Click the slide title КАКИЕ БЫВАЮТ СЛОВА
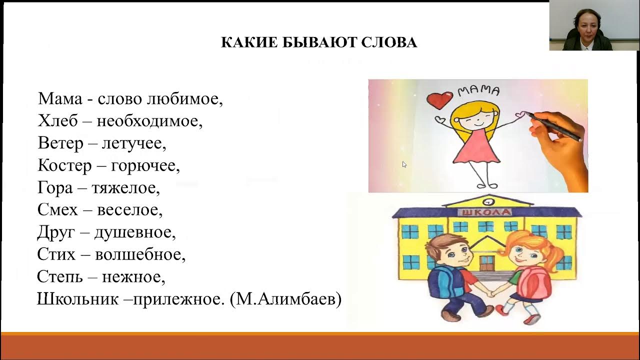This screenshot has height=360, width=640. pyautogui.click(x=319, y=42)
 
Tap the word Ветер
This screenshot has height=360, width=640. pyautogui.click(x=60, y=144)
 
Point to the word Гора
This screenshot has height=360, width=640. pyautogui.click(x=55, y=188)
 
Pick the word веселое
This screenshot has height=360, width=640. pyautogui.click(x=129, y=210)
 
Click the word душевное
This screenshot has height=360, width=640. pyautogui.click(x=135, y=232)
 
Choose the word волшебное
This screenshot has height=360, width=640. pyautogui.click(x=140, y=254)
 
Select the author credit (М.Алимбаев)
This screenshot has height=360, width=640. pyautogui.click(x=285, y=299)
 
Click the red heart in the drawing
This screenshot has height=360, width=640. pyautogui.click(x=440, y=99)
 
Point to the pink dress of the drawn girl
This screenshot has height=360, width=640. pyautogui.click(x=476, y=147)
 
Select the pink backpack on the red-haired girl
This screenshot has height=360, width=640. pyautogui.click(x=534, y=282)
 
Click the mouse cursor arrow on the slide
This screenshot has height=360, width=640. pyautogui.click(x=404, y=164)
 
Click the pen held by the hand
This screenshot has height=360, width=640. pyautogui.click(x=555, y=125)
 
